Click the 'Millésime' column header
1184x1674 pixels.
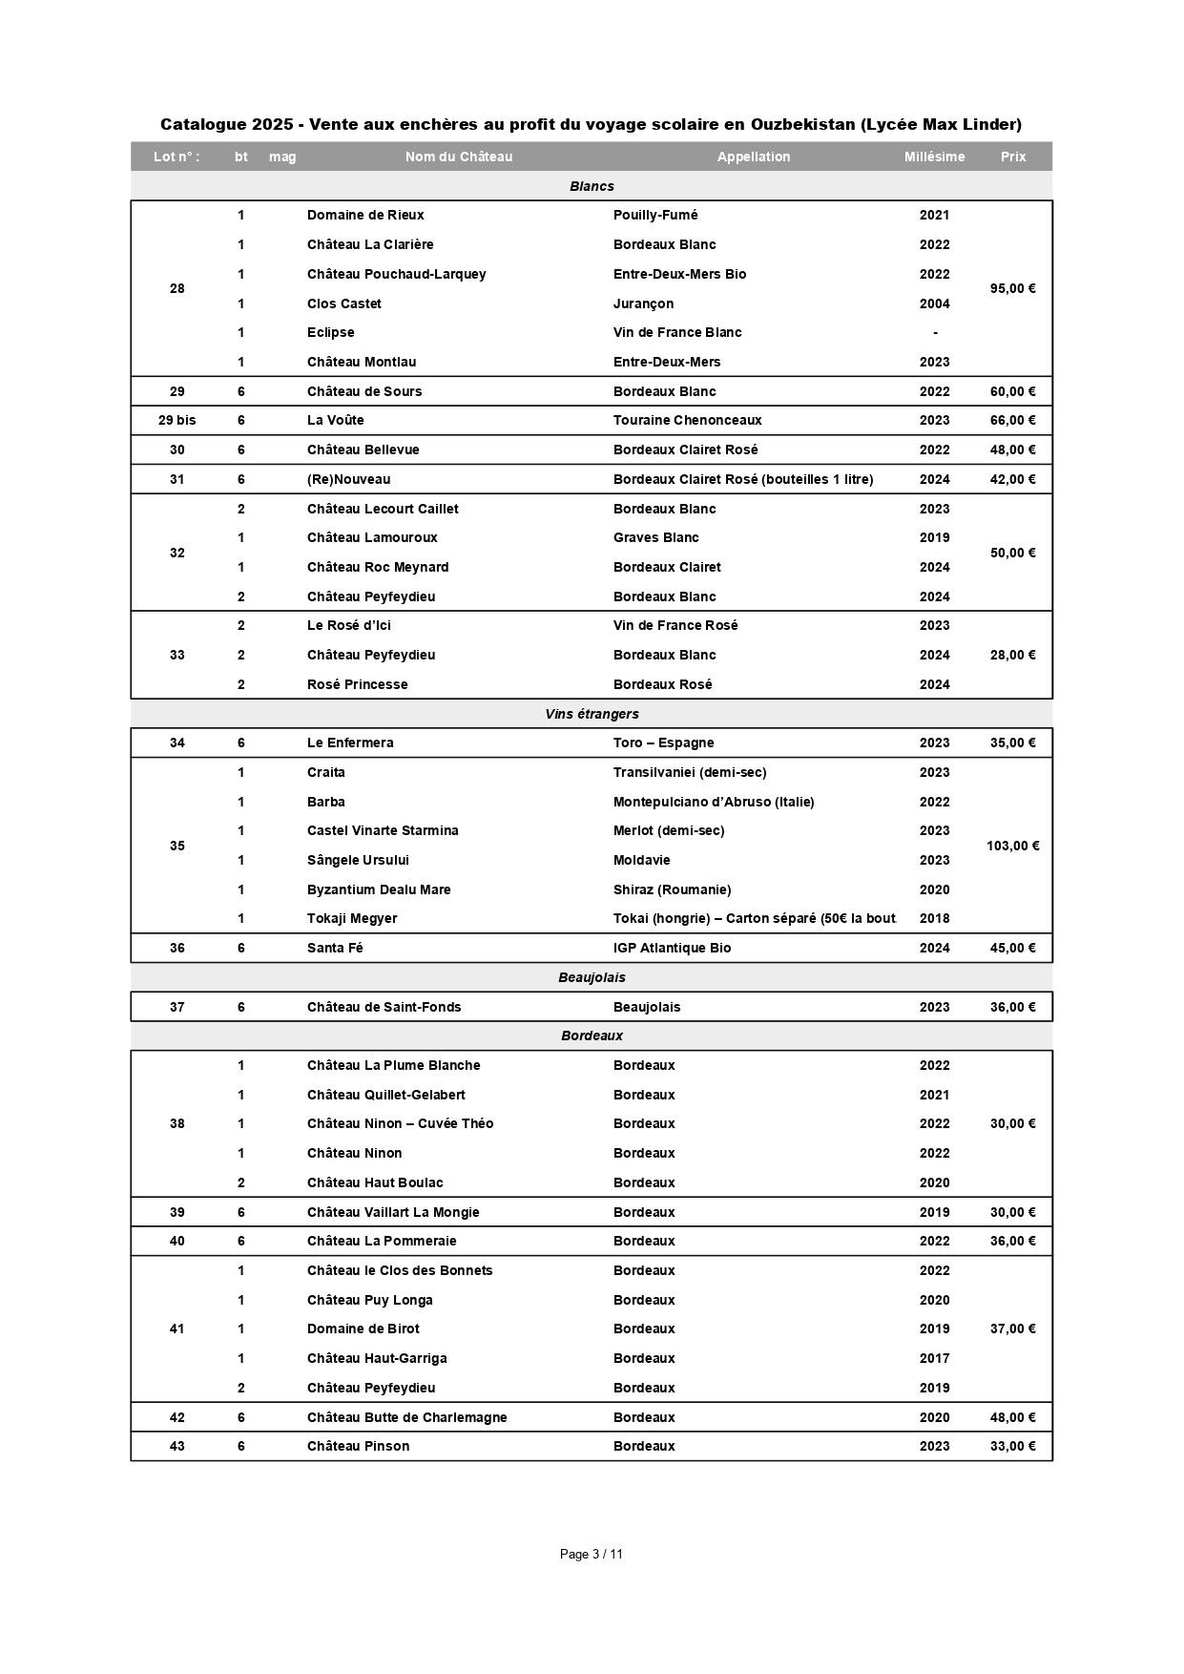click(934, 157)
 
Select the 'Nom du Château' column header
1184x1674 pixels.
click(458, 157)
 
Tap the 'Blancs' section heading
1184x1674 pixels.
click(592, 186)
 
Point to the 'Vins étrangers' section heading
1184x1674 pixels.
click(592, 714)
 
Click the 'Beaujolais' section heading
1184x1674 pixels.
click(592, 977)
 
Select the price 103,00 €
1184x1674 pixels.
click(1012, 846)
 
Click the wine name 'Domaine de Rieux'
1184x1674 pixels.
click(365, 215)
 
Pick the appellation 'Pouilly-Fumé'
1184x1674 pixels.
click(655, 215)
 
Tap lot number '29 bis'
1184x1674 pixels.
click(177, 420)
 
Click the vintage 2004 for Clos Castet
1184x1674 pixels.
click(934, 303)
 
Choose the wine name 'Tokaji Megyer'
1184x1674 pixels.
click(352, 918)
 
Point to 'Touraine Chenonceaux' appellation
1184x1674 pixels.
click(687, 420)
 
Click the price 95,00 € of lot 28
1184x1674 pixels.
click(1012, 288)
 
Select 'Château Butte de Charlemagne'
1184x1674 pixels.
click(406, 1417)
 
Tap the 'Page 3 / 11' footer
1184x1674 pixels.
click(592, 1554)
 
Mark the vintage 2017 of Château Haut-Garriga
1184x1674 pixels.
click(934, 1358)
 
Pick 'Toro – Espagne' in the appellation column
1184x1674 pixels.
click(663, 743)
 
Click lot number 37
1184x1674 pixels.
click(177, 1007)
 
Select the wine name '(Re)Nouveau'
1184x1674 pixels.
click(348, 479)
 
